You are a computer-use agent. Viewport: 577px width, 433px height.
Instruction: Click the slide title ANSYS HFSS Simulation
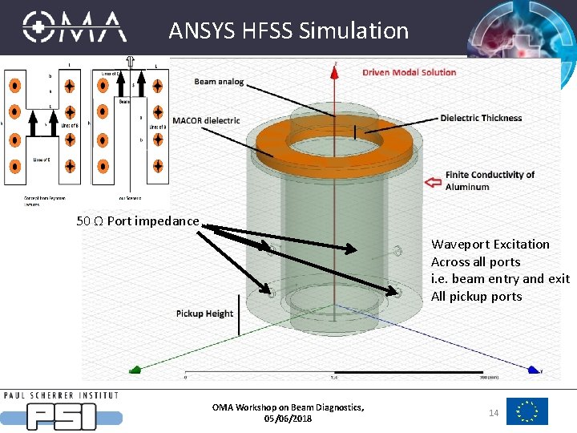(288, 30)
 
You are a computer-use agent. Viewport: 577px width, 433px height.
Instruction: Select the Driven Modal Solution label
(409, 72)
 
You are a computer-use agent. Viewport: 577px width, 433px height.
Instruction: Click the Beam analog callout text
(219, 82)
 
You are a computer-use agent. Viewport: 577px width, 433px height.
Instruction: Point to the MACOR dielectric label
(205, 121)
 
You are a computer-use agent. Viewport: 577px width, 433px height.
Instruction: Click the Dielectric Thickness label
(481, 118)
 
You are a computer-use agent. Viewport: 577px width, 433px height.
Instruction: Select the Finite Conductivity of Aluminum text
(490, 180)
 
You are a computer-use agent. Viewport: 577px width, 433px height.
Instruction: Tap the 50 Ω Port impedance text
(137, 221)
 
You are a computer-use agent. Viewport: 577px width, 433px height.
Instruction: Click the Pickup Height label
(204, 314)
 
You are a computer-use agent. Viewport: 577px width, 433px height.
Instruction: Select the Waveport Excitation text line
(490, 244)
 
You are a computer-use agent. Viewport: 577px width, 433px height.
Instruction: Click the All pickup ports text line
(476, 296)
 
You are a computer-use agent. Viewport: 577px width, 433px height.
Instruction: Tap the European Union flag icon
(527, 411)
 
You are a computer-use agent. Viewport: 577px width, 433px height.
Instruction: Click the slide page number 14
(494, 411)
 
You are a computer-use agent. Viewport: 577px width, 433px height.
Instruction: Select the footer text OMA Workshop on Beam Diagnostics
(288, 407)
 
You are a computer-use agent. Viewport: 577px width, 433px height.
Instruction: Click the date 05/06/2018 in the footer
(288, 419)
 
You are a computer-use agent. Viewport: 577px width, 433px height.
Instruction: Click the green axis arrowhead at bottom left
(136, 370)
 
